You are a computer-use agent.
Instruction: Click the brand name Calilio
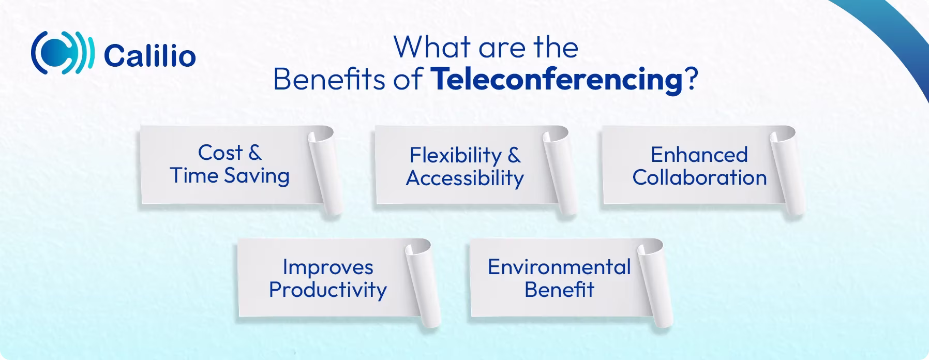pos(149,56)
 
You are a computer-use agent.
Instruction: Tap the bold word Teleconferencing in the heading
pos(556,80)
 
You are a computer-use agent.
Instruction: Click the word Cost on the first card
pos(220,153)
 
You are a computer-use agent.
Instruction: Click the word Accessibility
pos(465,178)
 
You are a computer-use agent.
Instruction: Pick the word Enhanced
pos(699,155)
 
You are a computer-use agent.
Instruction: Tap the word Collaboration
pos(699,178)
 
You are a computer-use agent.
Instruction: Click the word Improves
pos(327,267)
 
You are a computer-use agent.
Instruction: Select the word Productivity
pos(327,290)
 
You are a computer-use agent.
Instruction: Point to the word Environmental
pos(559,267)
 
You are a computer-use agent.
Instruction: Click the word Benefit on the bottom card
pos(559,290)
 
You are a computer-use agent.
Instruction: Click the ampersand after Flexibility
pos(513,155)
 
